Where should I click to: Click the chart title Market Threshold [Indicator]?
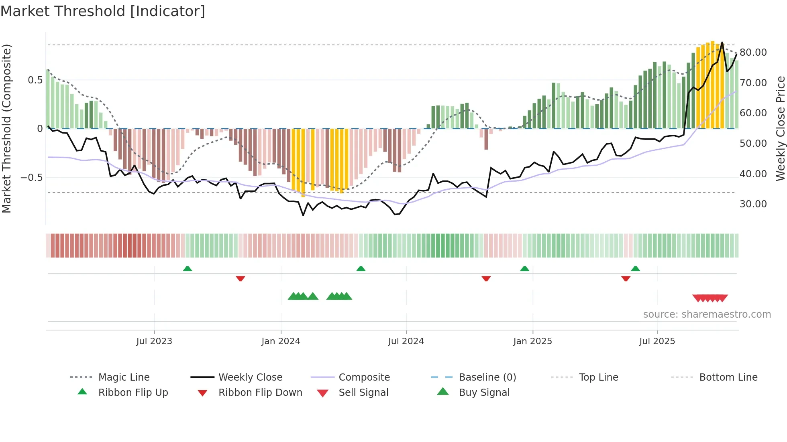pyautogui.click(x=103, y=11)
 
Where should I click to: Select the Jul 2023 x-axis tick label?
pyautogui.click(x=154, y=341)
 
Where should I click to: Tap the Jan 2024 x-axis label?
pyautogui.click(x=281, y=341)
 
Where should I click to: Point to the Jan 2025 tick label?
pyautogui.click(x=532, y=341)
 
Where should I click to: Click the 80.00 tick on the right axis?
pyautogui.click(x=753, y=53)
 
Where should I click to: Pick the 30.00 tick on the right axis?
pyautogui.click(x=753, y=204)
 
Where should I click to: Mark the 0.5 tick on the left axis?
pyautogui.click(x=35, y=80)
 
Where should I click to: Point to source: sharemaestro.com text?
pyautogui.click(x=707, y=314)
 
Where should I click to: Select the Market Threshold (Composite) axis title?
pyautogui.click(x=6, y=128)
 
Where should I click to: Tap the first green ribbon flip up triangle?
pyautogui.click(x=188, y=269)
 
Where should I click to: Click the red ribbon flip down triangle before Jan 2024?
pyautogui.click(x=241, y=278)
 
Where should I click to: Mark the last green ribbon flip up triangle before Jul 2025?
pyautogui.click(x=635, y=269)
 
